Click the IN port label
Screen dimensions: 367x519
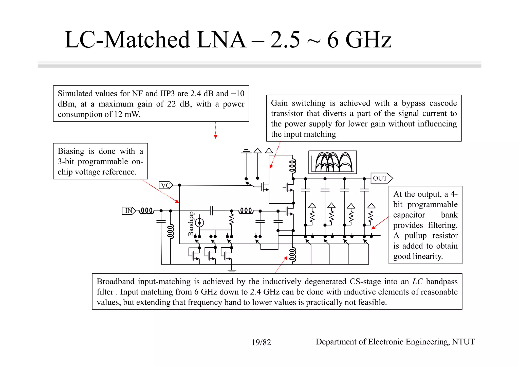pos(128,211)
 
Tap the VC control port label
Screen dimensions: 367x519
pos(165,185)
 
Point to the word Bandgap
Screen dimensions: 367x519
pos(191,224)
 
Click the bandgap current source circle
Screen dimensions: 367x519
pos(200,223)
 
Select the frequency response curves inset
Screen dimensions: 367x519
pos(332,162)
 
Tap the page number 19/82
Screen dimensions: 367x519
pos(261,342)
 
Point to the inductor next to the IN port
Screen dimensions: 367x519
pos(147,211)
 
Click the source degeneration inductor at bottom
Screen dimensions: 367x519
pos(292,255)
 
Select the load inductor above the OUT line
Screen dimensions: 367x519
pos(293,166)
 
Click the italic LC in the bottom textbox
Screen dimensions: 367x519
pos(417,282)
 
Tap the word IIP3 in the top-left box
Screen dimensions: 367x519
pos(168,94)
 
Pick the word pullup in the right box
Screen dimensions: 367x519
pos(416,236)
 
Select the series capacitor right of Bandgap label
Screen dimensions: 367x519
pos(212,211)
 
